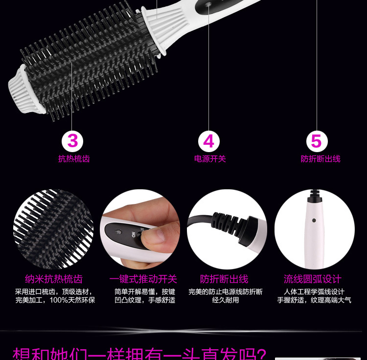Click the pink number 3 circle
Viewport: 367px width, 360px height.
(x=72, y=141)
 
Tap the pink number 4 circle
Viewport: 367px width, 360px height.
(x=209, y=141)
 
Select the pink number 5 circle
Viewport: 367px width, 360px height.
(x=317, y=141)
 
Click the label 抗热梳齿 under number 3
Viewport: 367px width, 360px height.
(x=74, y=158)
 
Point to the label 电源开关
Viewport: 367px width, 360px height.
(x=210, y=158)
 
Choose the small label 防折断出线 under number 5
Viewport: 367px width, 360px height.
(x=321, y=158)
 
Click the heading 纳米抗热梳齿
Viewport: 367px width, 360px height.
(x=54, y=279)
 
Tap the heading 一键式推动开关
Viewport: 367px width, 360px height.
(x=143, y=279)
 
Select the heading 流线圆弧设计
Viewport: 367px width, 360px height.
(x=313, y=279)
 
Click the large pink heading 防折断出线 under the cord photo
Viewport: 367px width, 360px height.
(x=224, y=279)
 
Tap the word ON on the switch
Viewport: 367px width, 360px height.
(x=133, y=234)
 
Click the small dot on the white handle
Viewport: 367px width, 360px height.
(x=314, y=220)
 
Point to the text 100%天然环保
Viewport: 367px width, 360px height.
(x=72, y=300)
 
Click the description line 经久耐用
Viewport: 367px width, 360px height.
(x=226, y=300)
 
